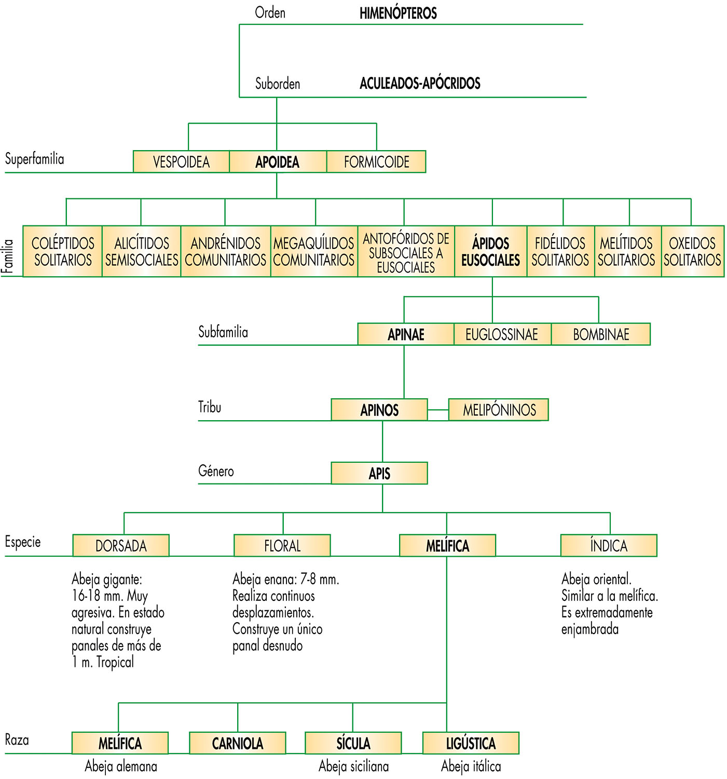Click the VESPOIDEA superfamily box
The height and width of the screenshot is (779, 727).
coord(181,162)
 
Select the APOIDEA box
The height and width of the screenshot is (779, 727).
coord(278,162)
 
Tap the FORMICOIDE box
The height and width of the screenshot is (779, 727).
coord(376,162)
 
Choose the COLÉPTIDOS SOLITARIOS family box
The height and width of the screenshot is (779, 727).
coord(63,251)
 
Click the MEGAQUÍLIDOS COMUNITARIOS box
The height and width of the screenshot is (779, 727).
coord(314,251)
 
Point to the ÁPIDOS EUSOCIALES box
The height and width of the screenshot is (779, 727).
coord(491,251)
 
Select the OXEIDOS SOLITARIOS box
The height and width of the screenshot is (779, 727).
coord(692,251)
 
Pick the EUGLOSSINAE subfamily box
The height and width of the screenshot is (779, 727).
coord(502,334)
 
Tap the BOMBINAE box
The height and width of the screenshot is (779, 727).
coord(600,334)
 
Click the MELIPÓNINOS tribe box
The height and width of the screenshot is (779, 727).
coord(499,410)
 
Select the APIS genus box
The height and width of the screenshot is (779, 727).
coord(379,473)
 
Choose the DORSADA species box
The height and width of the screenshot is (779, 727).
coord(121,545)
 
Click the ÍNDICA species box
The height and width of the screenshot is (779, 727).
coord(609,545)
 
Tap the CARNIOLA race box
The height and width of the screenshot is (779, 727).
coord(238,743)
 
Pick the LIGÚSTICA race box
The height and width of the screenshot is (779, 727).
coord(471,743)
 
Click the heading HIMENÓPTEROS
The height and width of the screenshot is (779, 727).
coord(398,13)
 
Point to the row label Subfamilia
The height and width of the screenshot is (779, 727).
coord(223,332)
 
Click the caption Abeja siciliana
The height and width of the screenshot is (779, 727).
coord(353,766)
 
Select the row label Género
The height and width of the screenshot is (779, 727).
coord(216,471)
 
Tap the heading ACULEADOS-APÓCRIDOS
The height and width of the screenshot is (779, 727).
coord(420,83)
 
